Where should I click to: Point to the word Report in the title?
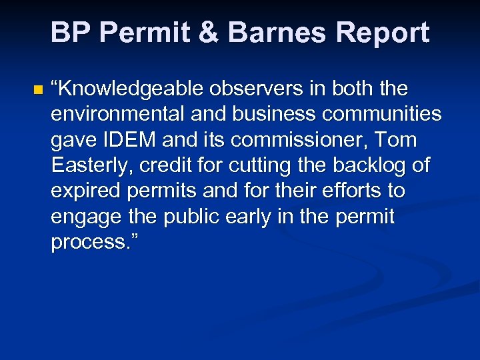tap(383, 33)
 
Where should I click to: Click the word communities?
tap(381, 115)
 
